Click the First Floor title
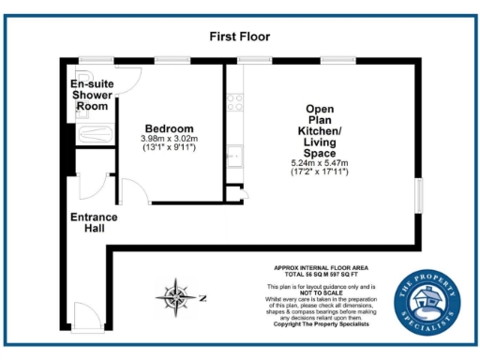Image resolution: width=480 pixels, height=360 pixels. (x=239, y=37)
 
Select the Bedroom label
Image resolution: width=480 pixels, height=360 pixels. (x=169, y=128)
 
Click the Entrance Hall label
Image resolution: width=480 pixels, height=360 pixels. (x=95, y=223)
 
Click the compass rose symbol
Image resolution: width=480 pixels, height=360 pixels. (x=176, y=299)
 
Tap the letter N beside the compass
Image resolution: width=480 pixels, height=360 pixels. (x=201, y=299)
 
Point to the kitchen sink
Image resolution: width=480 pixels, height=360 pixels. (x=235, y=154)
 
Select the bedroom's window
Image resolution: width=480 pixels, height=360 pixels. (x=168, y=62)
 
